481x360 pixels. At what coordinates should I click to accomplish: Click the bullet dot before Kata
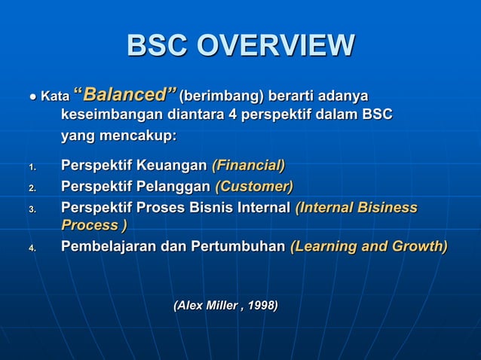pos(32,97)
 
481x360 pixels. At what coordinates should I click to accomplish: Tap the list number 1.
pos(32,167)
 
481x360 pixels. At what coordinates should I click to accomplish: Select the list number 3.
pos(32,209)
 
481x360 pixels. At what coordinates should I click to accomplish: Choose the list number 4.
pos(32,248)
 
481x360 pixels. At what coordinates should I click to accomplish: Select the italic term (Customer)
pos(254,186)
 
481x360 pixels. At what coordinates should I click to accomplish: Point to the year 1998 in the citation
pos(262,305)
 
